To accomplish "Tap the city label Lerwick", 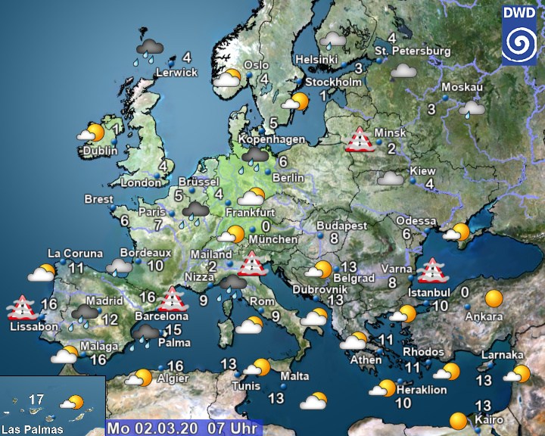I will click(x=176, y=73).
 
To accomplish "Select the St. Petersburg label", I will click(x=413, y=51).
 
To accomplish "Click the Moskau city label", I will click(x=462, y=87).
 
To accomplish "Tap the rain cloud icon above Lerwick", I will click(x=149, y=48).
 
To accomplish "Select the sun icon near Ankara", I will click(x=494, y=297).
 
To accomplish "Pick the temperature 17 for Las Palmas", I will click(x=36, y=399).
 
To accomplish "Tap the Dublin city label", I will click(x=101, y=151).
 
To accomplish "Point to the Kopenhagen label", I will click(x=272, y=139).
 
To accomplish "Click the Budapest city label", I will click(x=341, y=226).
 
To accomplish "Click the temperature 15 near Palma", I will click(x=173, y=329).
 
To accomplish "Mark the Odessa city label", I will click(x=416, y=220).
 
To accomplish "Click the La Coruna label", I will click(x=75, y=254).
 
